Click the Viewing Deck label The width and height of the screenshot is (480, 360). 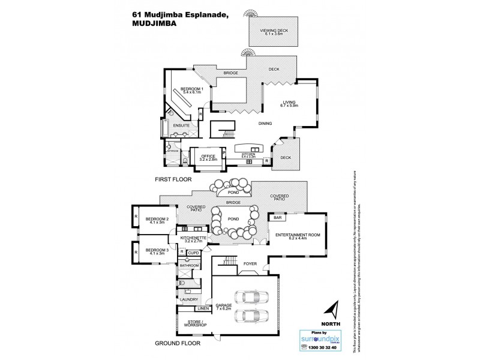[x=274, y=32]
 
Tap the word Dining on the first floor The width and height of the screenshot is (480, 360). [x=265, y=124]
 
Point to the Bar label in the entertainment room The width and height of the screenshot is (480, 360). [x=278, y=218]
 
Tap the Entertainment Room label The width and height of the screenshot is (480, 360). [x=292, y=236]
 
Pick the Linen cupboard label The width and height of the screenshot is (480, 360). [x=203, y=310]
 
